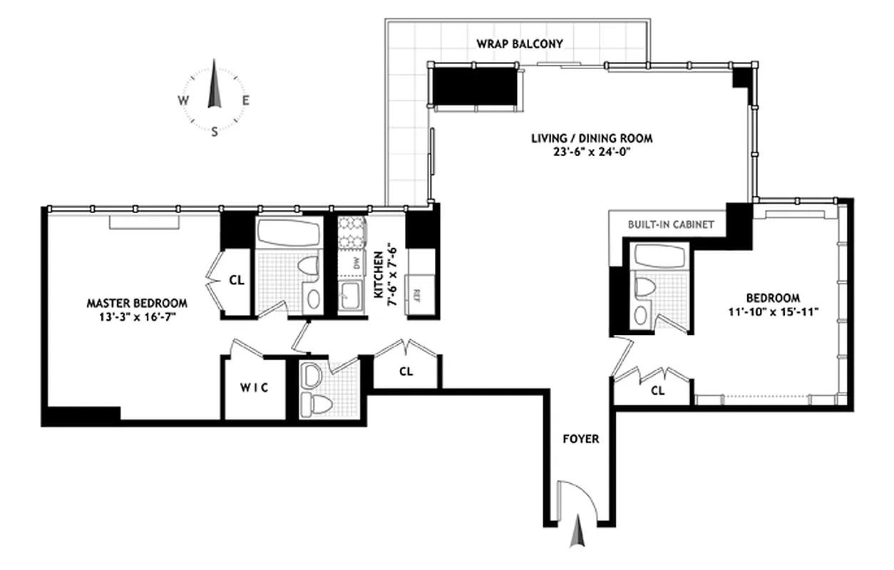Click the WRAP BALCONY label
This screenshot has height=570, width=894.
[x=520, y=43]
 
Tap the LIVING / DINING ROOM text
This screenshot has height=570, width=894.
[x=591, y=138]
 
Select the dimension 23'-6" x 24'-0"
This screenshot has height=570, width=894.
[x=591, y=151]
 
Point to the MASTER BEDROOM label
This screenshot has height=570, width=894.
[x=137, y=303]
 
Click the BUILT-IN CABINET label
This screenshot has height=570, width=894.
[x=670, y=224]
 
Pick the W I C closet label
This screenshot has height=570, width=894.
[x=255, y=388]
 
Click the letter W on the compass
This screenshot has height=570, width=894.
[x=183, y=100]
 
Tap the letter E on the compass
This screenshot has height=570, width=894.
[x=245, y=100]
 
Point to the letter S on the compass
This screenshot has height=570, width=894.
[x=214, y=131]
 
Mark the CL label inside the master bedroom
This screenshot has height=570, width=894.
[x=237, y=280]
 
